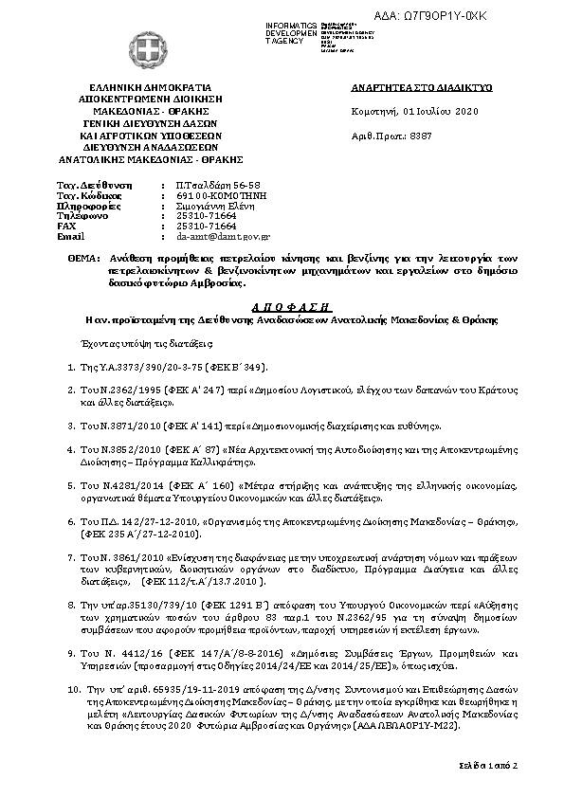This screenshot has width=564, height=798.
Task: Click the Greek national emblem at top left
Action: click(125, 48)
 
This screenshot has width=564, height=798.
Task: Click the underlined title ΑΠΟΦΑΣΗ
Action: click(282, 307)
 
